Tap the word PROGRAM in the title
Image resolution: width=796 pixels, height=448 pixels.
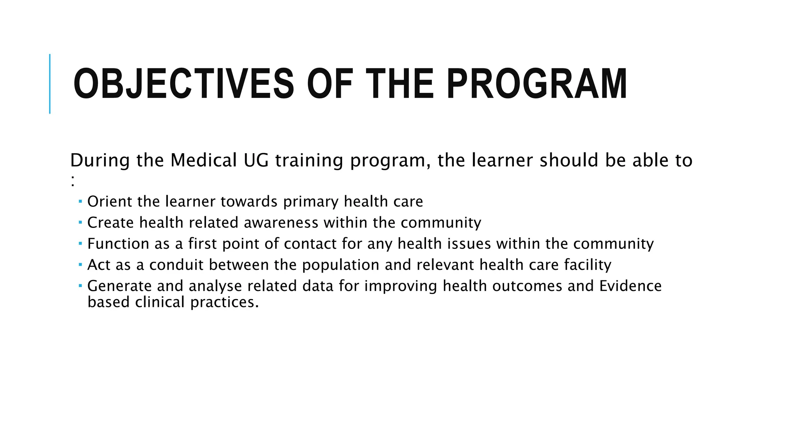pyautogui.click(x=536, y=84)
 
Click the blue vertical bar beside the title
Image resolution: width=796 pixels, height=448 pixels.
pyautogui.click(x=50, y=84)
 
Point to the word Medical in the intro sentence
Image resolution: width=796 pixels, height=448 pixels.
pyautogui.click(x=204, y=160)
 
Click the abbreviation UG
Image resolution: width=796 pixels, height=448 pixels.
pyautogui.click(x=256, y=160)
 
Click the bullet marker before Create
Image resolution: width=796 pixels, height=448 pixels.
pyautogui.click(x=80, y=222)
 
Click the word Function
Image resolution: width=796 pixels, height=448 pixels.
pyautogui.click(x=118, y=244)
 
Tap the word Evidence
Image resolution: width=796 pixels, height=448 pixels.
pyautogui.click(x=630, y=286)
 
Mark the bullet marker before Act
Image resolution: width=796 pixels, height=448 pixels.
pyautogui.click(x=80, y=264)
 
